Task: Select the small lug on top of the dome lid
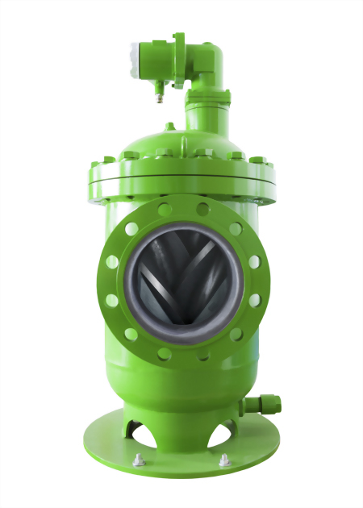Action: tap(169, 127)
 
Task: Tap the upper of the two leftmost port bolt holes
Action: tap(112, 261)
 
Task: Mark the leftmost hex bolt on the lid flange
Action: tap(95, 162)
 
